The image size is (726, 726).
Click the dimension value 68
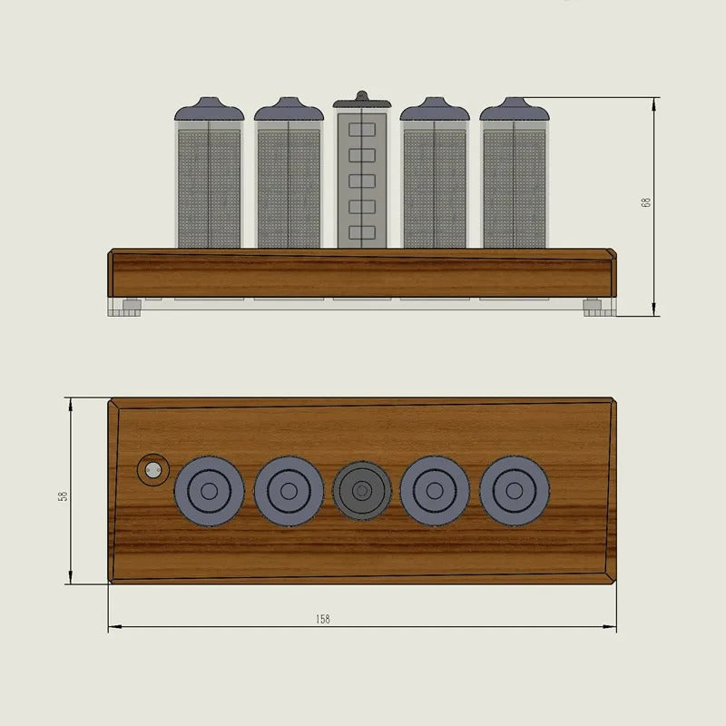646,202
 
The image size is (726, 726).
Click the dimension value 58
63,495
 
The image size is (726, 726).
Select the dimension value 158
323,619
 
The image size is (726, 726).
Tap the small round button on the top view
152,469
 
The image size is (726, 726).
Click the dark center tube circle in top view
361,491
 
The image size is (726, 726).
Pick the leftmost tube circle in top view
209,491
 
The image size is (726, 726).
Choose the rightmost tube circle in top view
515,491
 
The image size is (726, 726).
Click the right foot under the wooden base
594,307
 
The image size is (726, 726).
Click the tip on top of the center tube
361,93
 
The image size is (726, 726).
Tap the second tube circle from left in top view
289,491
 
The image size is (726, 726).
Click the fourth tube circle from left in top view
435,491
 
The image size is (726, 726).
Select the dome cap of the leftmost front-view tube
209,110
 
